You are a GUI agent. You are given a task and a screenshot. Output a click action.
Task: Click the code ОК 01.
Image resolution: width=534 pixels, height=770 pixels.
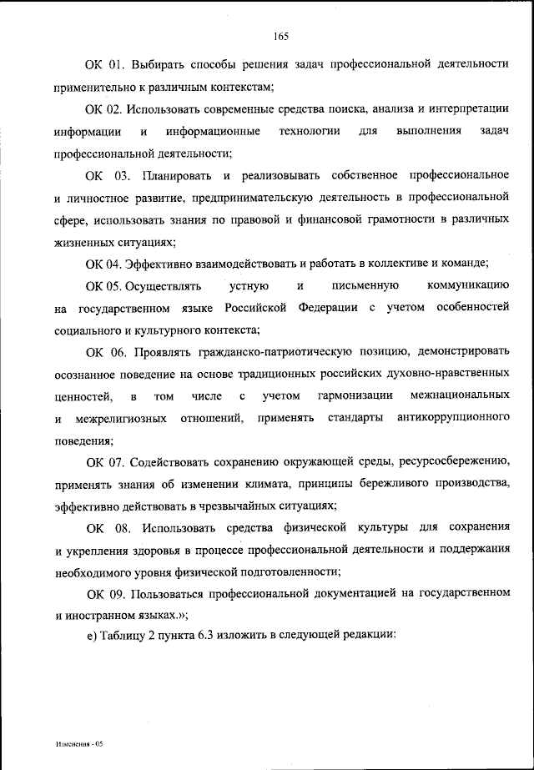pos(103,63)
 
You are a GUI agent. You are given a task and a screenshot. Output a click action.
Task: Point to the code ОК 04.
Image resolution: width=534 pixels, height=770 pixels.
pos(103,264)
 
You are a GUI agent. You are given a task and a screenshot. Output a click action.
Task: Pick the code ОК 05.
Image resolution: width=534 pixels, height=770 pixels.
pos(103,287)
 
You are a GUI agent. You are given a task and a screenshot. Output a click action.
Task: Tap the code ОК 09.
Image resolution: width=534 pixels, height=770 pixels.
pos(105,594)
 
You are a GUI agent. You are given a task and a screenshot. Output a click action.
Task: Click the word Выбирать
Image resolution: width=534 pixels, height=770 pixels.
pos(155,63)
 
